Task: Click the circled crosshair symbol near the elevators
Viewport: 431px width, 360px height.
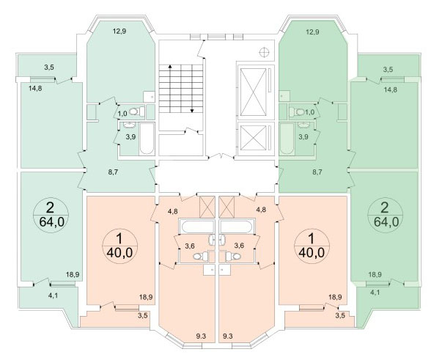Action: [264, 52]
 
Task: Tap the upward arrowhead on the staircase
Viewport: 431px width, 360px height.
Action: [170, 66]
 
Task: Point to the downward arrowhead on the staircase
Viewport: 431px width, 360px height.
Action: [192, 111]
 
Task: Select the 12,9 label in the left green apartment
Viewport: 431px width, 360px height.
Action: [119, 31]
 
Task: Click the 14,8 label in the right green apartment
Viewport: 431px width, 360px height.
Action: [391, 89]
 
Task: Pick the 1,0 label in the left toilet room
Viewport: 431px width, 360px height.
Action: [122, 114]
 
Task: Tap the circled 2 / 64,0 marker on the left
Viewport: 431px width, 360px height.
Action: [51, 215]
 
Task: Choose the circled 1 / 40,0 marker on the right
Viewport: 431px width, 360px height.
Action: [312, 246]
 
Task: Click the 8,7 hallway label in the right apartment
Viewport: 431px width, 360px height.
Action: [317, 172]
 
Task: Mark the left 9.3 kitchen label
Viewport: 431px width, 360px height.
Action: [202, 336]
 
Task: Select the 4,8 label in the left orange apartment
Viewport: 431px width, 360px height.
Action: [173, 212]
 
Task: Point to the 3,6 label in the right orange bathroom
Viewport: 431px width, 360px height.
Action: [239, 246]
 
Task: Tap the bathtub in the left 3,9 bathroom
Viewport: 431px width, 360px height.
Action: [147, 139]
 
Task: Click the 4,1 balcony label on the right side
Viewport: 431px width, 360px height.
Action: [375, 293]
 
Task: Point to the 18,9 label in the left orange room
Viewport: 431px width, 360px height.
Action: [146, 297]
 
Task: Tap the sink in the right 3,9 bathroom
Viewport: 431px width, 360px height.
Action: [303, 125]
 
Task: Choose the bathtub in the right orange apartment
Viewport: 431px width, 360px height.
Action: [236, 227]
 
